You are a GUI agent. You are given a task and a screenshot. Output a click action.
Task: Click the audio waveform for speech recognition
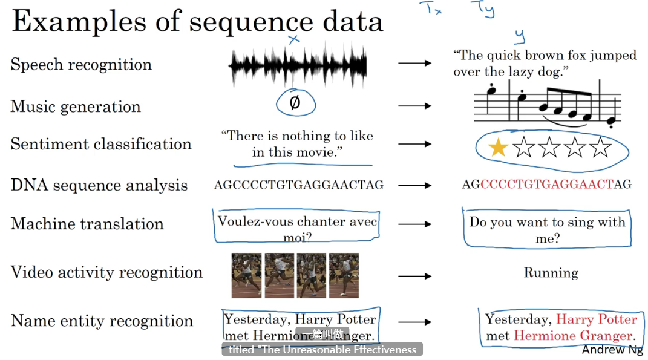[x=298, y=64]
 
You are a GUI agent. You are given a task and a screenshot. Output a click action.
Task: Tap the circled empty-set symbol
[x=295, y=103]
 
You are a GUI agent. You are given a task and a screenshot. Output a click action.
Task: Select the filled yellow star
[x=497, y=147]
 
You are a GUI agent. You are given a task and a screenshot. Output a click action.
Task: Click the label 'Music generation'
[x=76, y=107]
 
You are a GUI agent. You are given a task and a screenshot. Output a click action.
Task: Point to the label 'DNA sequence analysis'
[x=99, y=185]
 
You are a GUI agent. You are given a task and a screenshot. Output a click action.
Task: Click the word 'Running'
[x=551, y=273]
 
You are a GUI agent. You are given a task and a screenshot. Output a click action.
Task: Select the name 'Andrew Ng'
[x=612, y=350]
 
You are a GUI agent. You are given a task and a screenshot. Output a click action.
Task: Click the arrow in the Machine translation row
[x=415, y=224]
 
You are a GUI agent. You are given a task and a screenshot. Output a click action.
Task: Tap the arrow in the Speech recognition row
[x=415, y=63]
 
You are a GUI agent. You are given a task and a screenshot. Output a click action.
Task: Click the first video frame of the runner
[x=246, y=275]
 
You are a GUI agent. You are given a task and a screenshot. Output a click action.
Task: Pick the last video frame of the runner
[x=344, y=275]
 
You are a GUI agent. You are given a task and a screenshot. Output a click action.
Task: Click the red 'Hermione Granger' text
[x=573, y=336]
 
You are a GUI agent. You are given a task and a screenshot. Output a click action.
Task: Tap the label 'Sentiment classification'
[x=101, y=144]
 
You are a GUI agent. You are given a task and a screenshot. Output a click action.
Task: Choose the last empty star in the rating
[x=600, y=147]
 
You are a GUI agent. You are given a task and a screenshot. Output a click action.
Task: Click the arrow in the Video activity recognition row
[x=415, y=276]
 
